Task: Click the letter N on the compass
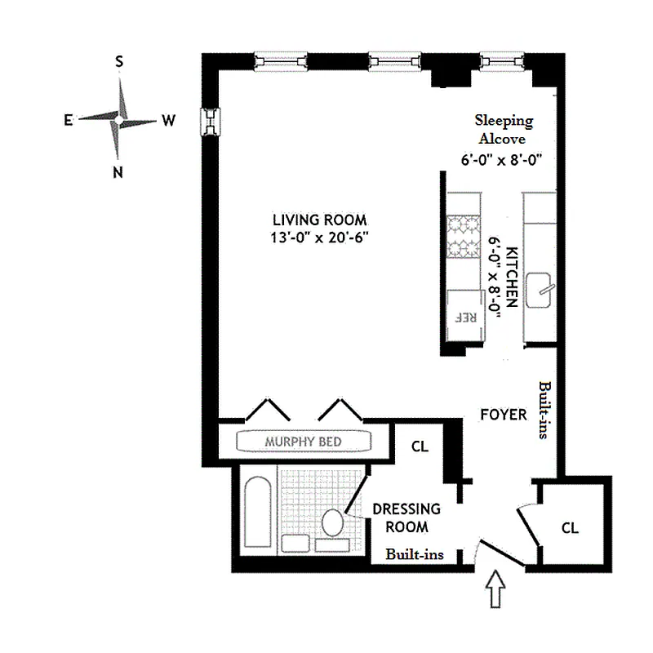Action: point(118,171)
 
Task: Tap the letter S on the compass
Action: point(119,62)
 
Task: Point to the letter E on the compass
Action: point(69,120)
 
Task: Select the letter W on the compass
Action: point(168,121)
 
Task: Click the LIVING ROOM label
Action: point(319,220)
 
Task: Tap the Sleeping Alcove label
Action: point(504,129)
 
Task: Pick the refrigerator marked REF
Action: point(463,313)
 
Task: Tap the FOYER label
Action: point(503,415)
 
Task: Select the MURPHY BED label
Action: point(303,442)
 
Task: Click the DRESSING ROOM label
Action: point(406,518)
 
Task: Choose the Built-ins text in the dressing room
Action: point(415,554)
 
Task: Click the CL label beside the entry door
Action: point(570,528)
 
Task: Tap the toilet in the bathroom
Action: point(333,522)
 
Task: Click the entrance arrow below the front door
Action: point(495,592)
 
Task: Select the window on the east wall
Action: point(211,122)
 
